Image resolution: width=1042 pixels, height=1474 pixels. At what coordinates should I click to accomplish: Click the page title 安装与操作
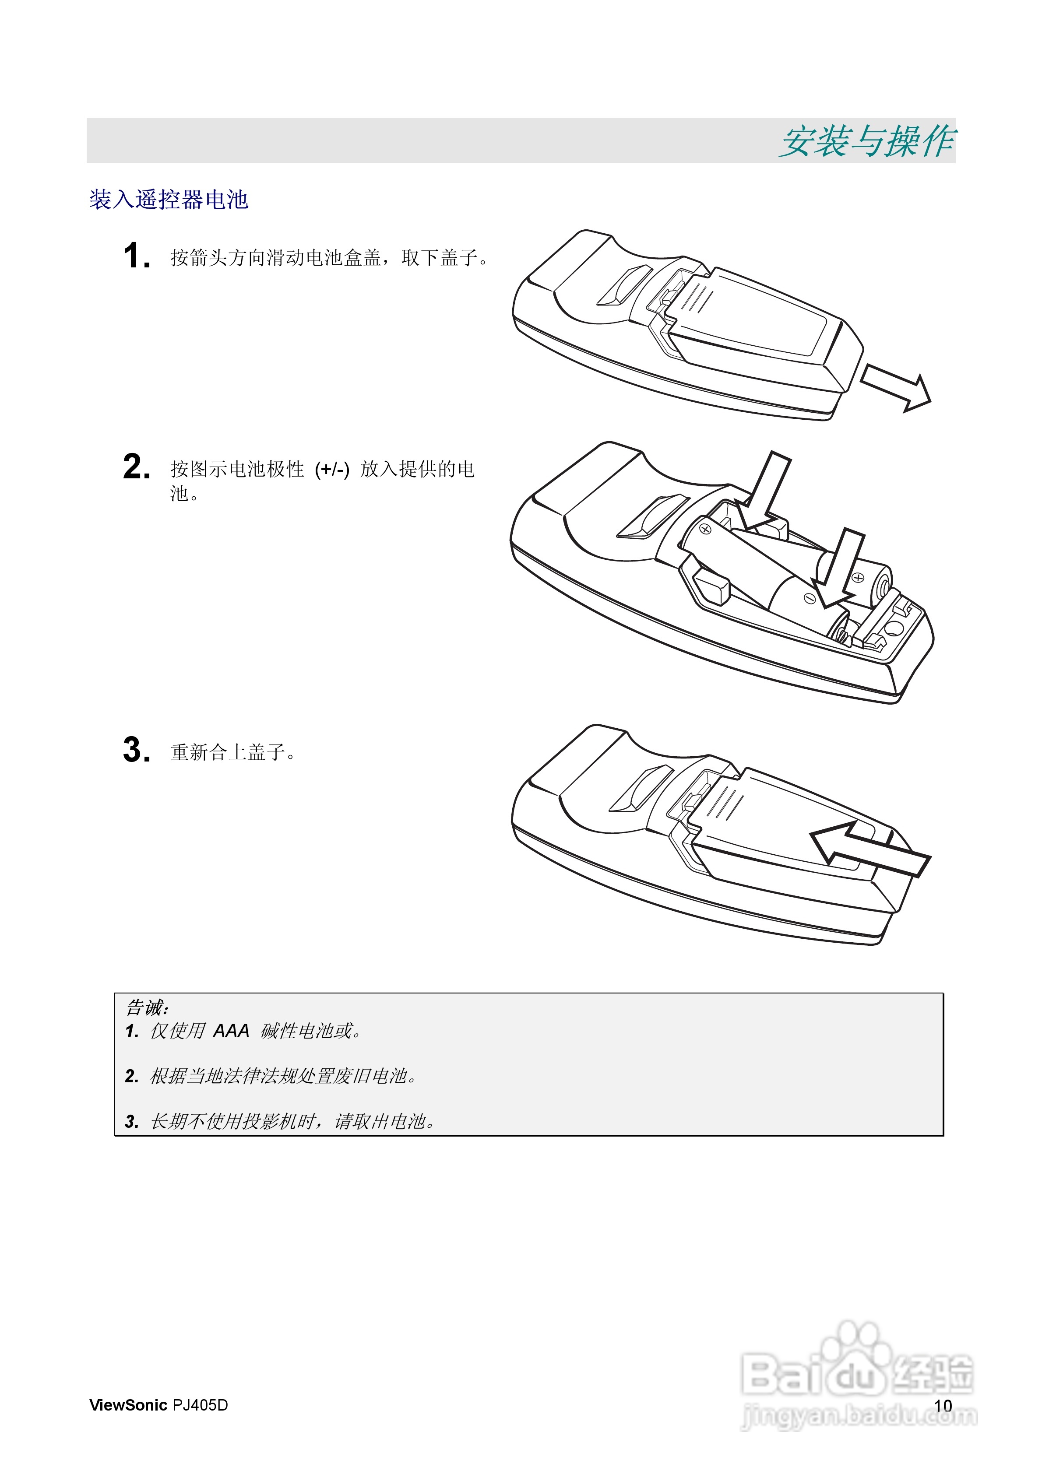click(x=867, y=141)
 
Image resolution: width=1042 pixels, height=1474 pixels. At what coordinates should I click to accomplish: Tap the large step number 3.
click(x=136, y=750)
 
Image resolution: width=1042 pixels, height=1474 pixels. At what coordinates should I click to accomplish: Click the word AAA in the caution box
click(x=231, y=1032)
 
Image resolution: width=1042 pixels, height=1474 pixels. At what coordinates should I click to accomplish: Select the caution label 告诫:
click(x=147, y=1007)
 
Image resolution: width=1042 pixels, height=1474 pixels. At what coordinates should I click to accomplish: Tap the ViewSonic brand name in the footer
click(x=128, y=1405)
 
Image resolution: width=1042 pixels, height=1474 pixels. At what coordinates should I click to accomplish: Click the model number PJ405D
click(x=200, y=1405)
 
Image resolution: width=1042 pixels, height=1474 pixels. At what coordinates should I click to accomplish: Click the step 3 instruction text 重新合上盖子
click(x=232, y=752)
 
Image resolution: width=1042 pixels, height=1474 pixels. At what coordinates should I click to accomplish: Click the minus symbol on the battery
click(x=810, y=598)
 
